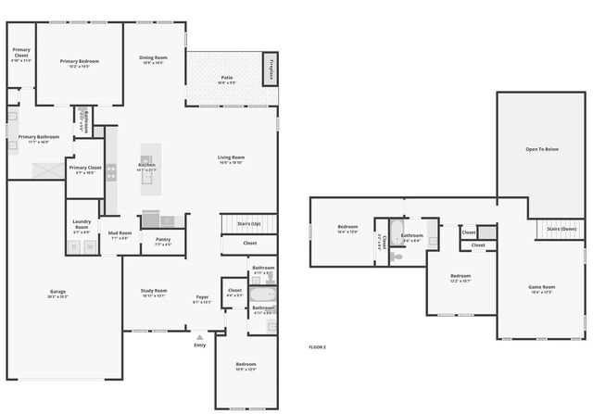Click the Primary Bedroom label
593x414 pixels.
[80, 63]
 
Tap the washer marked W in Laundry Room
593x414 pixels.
[90, 246]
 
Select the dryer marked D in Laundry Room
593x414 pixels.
[75, 246]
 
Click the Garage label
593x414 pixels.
[57, 293]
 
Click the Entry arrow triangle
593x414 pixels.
[199, 337]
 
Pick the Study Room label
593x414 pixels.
[153, 292]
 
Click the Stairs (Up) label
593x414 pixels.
[249, 223]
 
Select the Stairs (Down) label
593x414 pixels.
[561, 228]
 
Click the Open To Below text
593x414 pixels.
[542, 148]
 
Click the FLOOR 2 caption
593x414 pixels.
[318, 346]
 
